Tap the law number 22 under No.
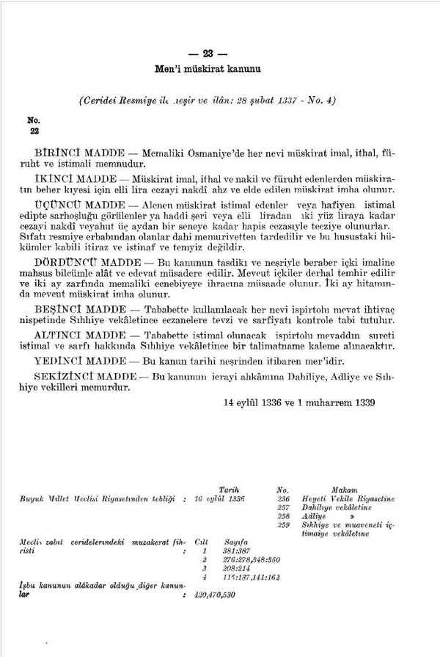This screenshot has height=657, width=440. tap(34, 131)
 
